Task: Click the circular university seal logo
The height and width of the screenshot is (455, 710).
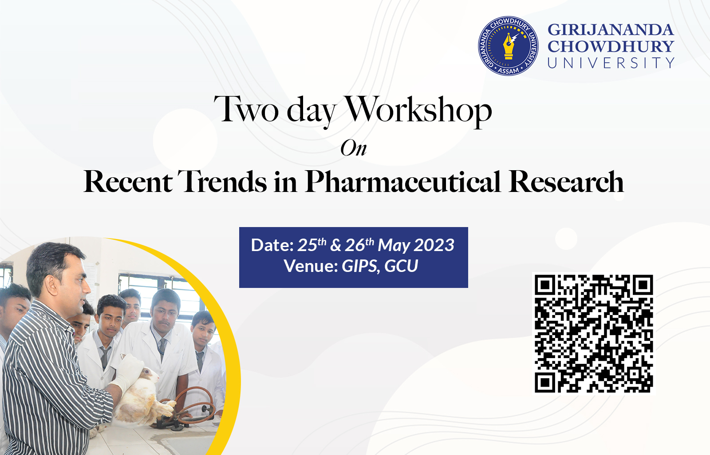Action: (508, 46)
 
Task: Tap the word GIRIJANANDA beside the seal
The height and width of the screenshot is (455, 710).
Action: (611, 30)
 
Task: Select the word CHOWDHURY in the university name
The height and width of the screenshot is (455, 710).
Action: (611, 46)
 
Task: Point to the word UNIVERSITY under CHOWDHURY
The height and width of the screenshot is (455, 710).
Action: (611, 63)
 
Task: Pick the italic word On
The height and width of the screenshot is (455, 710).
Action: (354, 148)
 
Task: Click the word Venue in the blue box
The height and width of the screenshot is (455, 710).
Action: (311, 266)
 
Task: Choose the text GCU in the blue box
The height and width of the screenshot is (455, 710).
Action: (401, 266)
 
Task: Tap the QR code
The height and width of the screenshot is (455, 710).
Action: (594, 334)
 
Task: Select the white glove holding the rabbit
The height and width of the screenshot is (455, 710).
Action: (127, 373)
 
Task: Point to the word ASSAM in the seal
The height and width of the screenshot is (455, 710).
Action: (509, 71)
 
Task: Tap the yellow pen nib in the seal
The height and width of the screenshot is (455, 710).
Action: (509, 47)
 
